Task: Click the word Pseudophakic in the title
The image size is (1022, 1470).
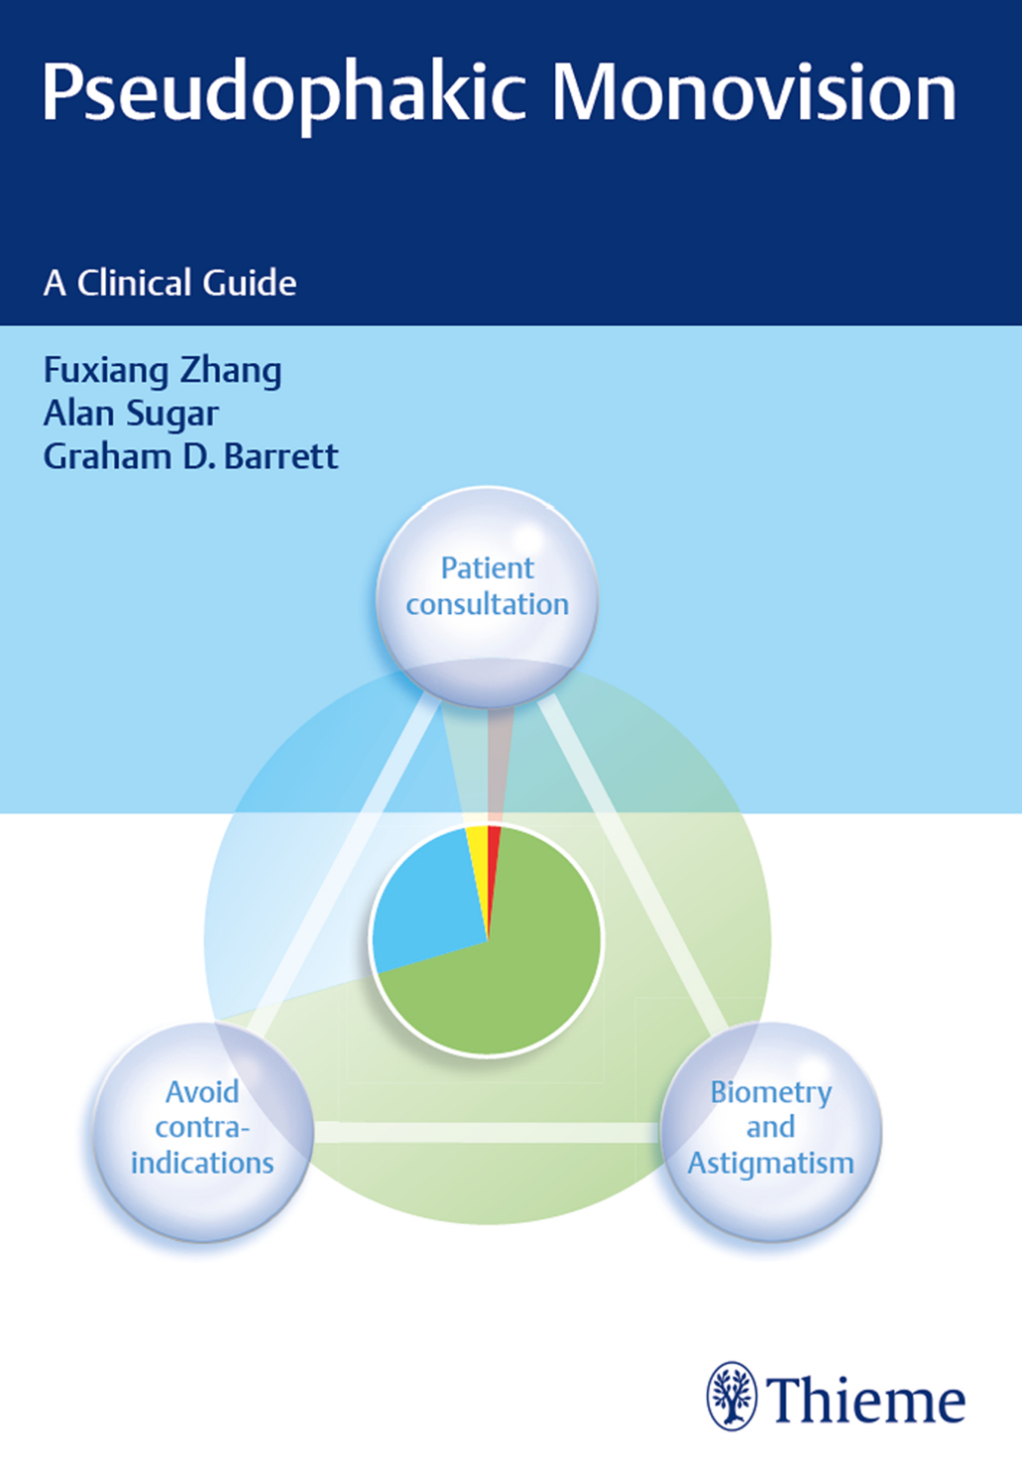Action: tap(284, 95)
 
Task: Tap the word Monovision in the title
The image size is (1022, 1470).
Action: tap(754, 90)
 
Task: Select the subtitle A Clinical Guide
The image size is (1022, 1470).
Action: tap(170, 283)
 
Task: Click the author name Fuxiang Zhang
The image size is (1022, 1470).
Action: tap(163, 372)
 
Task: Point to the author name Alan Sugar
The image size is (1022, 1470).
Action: tap(131, 414)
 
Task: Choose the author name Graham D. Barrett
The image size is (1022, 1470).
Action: tap(191, 456)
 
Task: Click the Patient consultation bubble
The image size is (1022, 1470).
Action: tap(487, 597)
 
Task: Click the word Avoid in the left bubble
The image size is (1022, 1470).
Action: tap(202, 1092)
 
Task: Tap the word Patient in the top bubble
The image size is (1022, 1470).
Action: tap(487, 569)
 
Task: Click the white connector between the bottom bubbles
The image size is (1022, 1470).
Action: tap(487, 1132)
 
